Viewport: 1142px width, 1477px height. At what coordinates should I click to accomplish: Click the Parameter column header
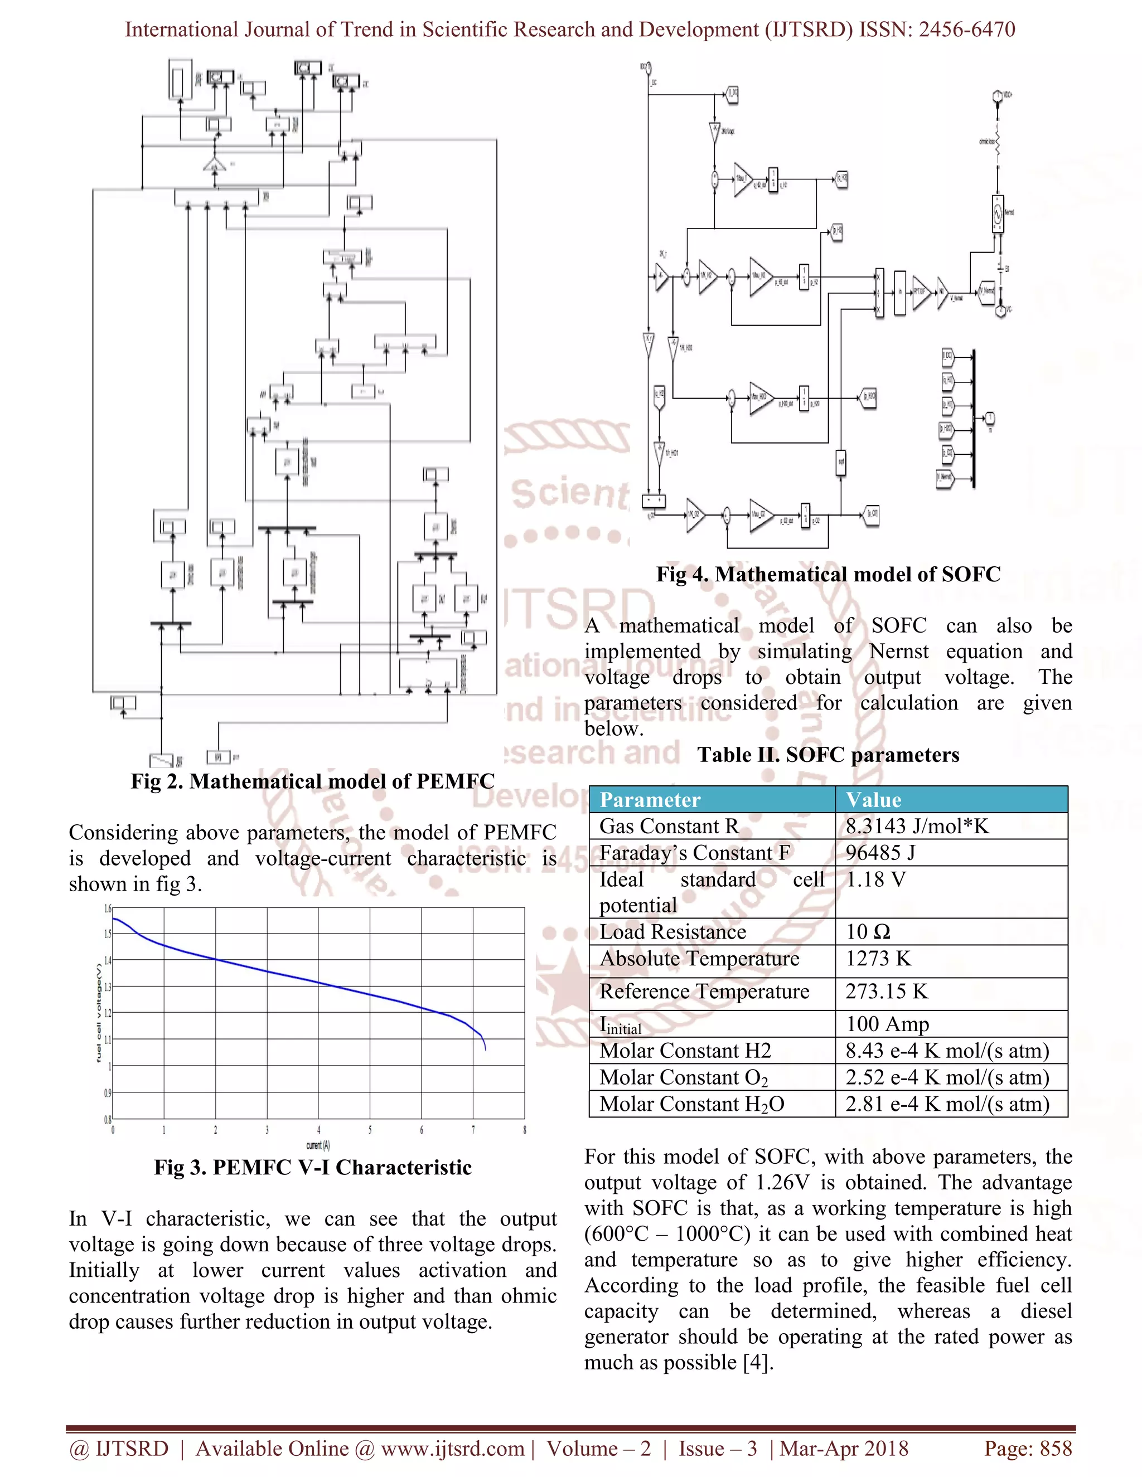(650, 800)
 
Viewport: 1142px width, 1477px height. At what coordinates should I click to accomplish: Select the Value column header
(873, 800)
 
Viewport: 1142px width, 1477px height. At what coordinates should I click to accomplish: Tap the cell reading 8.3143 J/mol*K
(917, 827)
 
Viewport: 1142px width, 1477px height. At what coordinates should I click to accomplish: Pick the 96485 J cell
(880, 853)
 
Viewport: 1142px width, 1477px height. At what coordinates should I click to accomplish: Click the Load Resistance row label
(672, 932)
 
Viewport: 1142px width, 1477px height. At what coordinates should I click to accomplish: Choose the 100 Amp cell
(887, 1024)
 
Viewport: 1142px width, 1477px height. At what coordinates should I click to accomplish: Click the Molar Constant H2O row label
(691, 1104)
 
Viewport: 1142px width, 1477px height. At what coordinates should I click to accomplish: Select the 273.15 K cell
(886, 992)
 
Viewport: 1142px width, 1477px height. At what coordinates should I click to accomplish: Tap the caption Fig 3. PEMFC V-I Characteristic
(313, 1168)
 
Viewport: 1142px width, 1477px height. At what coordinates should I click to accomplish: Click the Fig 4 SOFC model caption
(828, 575)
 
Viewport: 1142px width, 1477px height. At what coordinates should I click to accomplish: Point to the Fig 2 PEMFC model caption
(313, 782)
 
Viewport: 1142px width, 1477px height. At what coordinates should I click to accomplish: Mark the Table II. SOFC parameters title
(828, 755)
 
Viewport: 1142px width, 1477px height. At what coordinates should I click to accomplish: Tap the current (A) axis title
(317, 1145)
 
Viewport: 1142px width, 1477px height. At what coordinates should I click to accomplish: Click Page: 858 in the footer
(1028, 1449)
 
